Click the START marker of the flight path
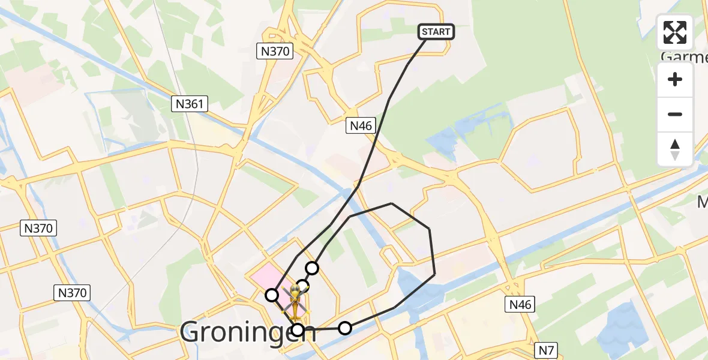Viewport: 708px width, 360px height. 436,32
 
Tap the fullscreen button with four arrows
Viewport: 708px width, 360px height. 675,32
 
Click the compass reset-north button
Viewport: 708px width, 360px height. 675,149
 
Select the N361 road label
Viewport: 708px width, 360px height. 190,104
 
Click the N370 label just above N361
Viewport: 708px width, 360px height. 275,51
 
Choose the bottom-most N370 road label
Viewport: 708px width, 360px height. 73,293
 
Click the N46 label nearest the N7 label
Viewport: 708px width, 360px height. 520,304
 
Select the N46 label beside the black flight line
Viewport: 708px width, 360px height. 361,125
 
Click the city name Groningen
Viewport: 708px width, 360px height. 247,331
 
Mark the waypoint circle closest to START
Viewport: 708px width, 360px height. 312,268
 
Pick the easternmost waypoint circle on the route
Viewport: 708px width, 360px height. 345,328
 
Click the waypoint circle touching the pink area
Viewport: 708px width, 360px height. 272,295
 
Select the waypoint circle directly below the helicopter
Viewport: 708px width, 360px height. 298,329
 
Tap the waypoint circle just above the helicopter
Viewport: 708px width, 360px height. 303,286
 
